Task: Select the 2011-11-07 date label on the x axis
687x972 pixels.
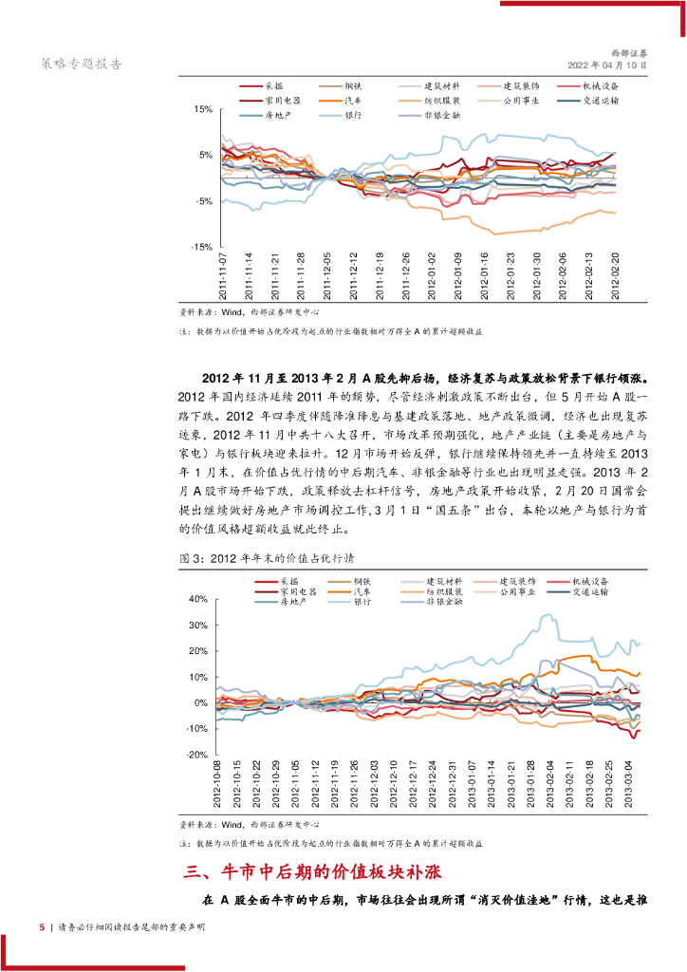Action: (x=223, y=275)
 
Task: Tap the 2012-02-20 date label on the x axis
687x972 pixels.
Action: (x=613, y=275)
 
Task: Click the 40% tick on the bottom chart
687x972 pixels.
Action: (x=199, y=600)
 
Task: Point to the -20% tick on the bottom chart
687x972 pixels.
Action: (x=198, y=755)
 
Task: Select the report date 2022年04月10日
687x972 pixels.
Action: (x=608, y=66)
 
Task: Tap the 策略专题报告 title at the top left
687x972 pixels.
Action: (x=81, y=64)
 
